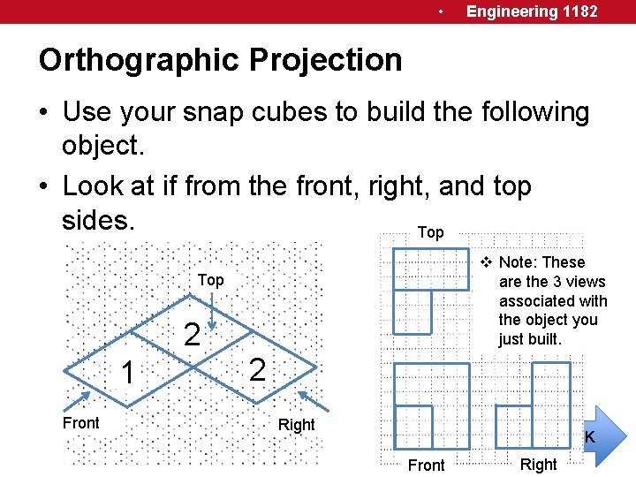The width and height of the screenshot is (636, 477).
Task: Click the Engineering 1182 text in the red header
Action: pos(532,11)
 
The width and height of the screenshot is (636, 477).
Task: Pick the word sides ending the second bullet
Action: pos(98,220)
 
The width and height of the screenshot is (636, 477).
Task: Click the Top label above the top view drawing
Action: pos(430,232)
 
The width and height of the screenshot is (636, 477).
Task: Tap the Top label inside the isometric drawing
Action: pos(210,280)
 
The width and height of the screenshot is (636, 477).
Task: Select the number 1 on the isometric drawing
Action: pos(128,374)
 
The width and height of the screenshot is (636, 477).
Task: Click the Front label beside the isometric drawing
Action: pos(81,423)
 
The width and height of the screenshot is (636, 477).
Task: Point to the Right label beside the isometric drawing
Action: pos(296,425)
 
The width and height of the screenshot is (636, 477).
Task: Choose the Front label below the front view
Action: pos(426,466)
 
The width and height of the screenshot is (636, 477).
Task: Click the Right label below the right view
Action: pos(539,465)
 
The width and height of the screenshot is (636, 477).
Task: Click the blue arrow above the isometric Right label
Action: pos(313,402)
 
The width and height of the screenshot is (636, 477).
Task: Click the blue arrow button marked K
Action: pos(603,435)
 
